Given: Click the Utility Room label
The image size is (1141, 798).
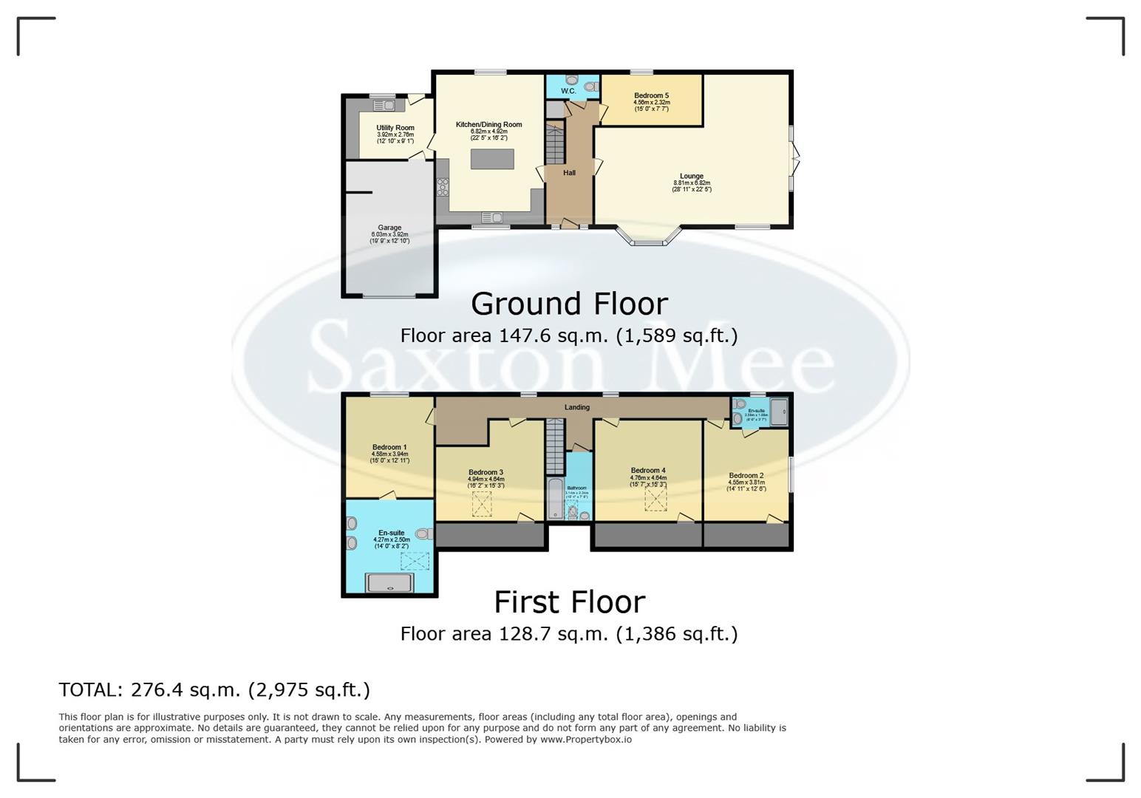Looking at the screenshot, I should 395,128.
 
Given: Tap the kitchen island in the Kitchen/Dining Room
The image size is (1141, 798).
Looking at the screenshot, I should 492,159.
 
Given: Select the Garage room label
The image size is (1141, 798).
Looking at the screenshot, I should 389,228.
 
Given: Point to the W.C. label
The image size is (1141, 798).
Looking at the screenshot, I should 568,91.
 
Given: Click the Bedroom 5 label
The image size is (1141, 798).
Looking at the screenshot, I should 651,95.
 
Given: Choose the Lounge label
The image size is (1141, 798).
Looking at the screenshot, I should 691,176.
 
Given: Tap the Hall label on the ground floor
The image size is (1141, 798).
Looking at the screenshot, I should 569,173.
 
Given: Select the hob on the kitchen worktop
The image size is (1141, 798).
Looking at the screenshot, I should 443,188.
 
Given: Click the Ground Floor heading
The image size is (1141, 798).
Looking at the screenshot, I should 569,304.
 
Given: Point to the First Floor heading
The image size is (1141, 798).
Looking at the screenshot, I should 569,602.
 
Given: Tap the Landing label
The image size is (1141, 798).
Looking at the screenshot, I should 577,407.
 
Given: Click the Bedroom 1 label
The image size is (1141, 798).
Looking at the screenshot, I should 389,447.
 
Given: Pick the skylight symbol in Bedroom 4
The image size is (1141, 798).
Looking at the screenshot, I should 655,499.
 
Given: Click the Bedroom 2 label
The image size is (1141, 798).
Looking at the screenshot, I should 746,476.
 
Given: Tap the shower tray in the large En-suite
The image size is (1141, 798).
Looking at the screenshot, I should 389,583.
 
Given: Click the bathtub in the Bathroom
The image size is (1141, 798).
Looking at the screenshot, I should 555,499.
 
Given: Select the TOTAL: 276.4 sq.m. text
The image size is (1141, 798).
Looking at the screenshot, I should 214,689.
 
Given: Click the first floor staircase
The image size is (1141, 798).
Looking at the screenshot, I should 555,446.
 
